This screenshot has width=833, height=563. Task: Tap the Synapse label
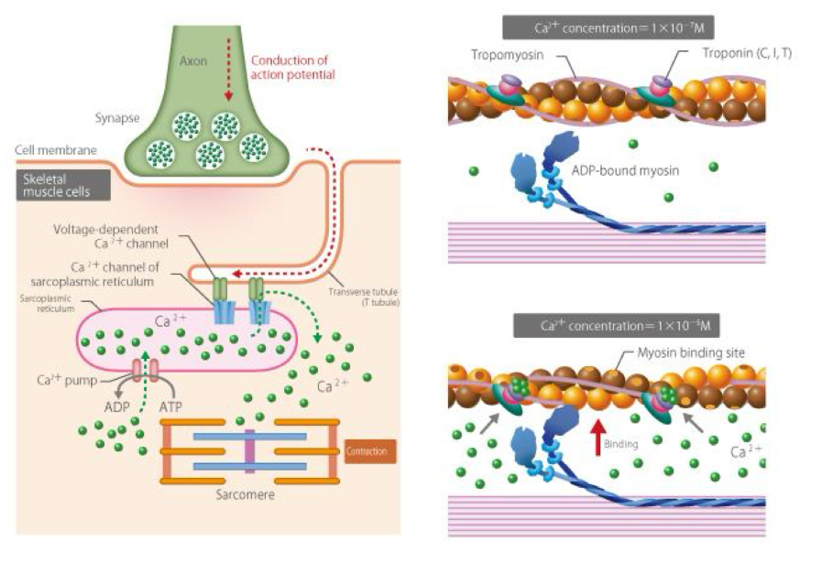[116, 118]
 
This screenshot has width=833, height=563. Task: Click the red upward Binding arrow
[598, 430]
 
